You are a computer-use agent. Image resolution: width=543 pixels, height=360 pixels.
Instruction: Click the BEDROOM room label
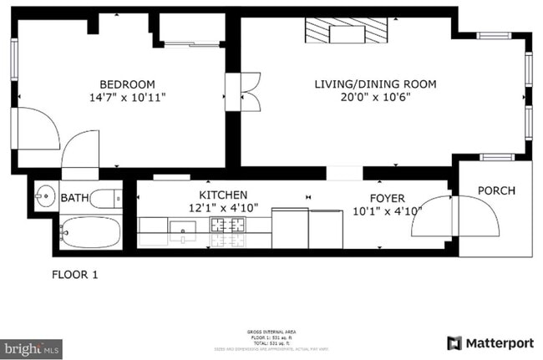[x=127, y=84]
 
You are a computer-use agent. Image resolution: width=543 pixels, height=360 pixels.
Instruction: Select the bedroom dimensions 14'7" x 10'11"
[x=127, y=97]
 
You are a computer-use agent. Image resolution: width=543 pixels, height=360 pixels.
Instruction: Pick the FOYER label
[x=388, y=198]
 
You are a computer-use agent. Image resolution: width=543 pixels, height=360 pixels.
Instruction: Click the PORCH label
[x=496, y=190]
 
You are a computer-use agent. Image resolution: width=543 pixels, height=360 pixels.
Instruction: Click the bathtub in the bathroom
[x=89, y=232]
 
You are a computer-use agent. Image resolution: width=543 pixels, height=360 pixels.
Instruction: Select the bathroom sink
[x=44, y=198]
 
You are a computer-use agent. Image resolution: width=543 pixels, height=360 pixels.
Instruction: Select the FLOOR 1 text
[x=75, y=274]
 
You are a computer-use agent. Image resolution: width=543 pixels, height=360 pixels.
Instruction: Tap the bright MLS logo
[x=31, y=347]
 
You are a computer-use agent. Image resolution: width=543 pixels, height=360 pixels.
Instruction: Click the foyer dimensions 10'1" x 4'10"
[x=388, y=210]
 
